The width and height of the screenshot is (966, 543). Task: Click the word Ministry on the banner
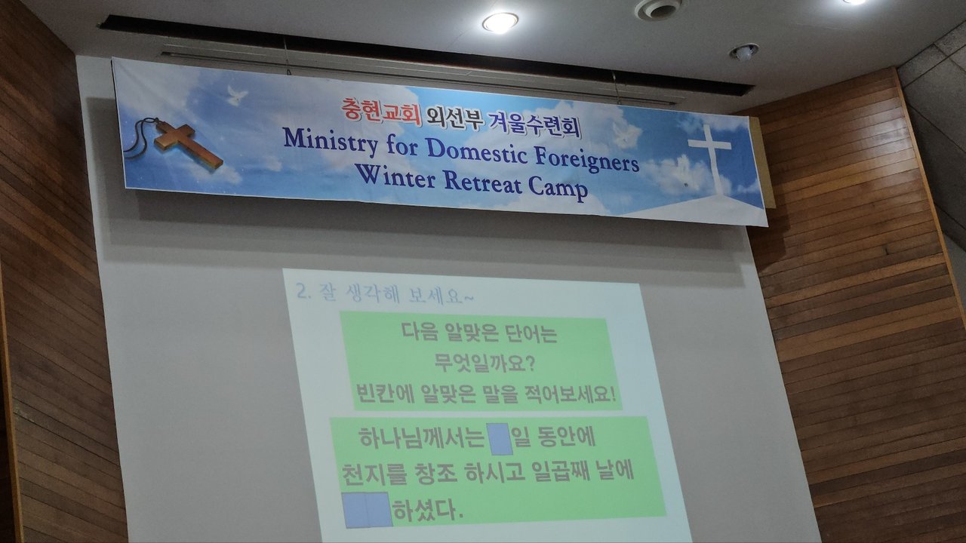[331, 141]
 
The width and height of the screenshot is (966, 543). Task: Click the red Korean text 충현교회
[381, 111]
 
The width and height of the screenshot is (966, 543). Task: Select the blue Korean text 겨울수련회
[534, 124]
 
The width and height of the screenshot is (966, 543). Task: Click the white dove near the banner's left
[237, 95]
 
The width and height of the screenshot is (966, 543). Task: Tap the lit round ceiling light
[500, 23]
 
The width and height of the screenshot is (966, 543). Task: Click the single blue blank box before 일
[500, 439]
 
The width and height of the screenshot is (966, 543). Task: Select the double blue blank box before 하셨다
[368, 510]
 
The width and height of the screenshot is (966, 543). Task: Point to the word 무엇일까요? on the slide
[485, 364]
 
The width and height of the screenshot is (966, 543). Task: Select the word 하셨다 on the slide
[429, 511]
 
